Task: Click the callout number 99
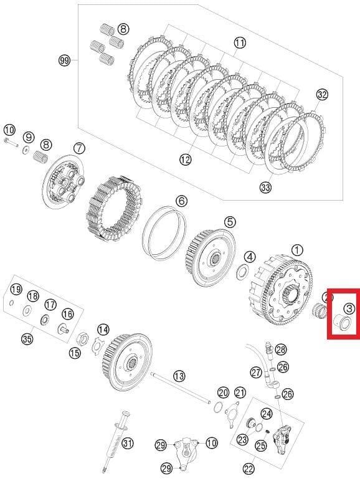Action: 64,60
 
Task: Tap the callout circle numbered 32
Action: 321,95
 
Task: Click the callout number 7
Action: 79,148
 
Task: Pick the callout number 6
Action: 181,201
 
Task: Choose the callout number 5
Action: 230,221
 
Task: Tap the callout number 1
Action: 296,249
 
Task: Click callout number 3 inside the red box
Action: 349,307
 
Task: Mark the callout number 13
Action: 179,376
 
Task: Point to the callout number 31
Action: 128,444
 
